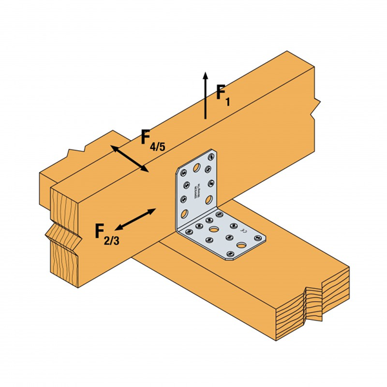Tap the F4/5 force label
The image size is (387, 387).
tap(152, 141)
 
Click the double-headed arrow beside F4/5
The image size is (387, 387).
tap(130, 159)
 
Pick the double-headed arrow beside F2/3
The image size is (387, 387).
tap(136, 219)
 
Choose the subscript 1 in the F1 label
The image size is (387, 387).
tap(226, 101)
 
